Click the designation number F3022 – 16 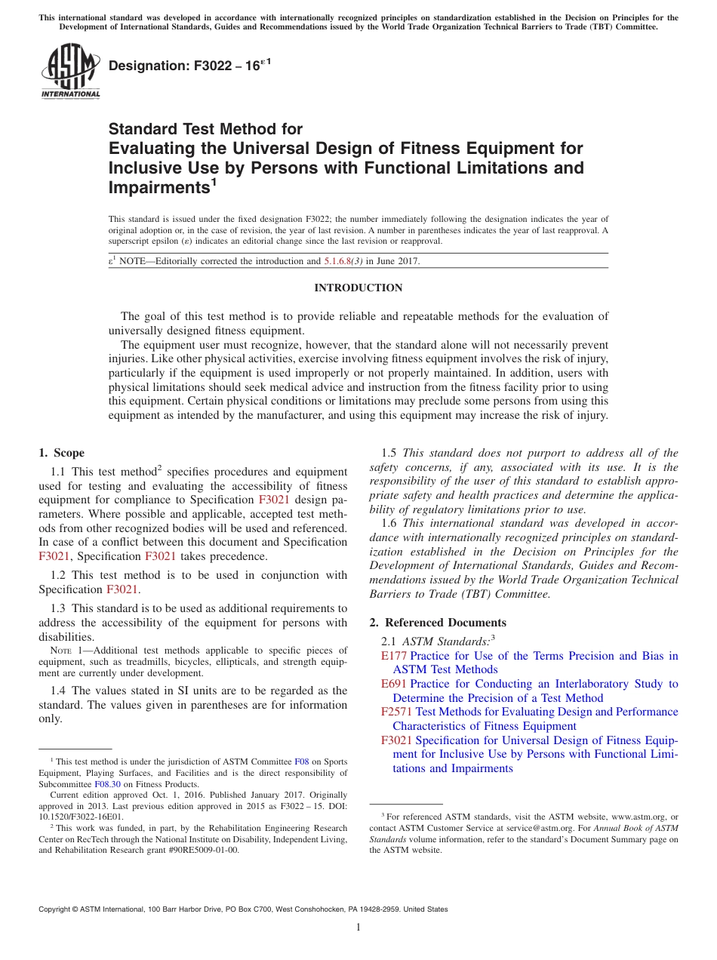coord(189,67)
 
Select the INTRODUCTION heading coord(358,288)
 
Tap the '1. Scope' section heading coord(62,453)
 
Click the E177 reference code coord(393,656)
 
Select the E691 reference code coord(393,684)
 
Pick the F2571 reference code coord(396,712)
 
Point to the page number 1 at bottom coord(358,928)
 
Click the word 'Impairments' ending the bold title coord(158,186)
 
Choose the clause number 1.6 coord(389,523)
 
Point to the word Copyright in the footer coord(57,909)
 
